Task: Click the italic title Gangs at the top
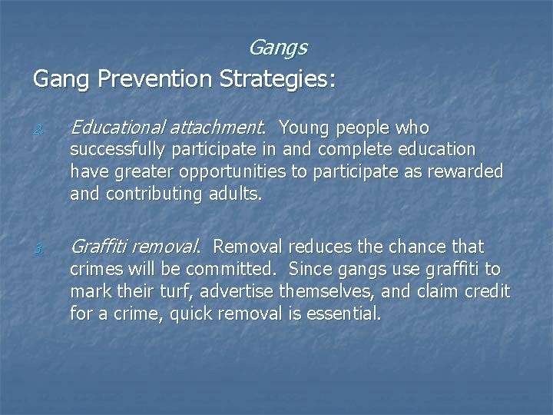(x=277, y=48)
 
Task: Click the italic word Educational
(x=118, y=127)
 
